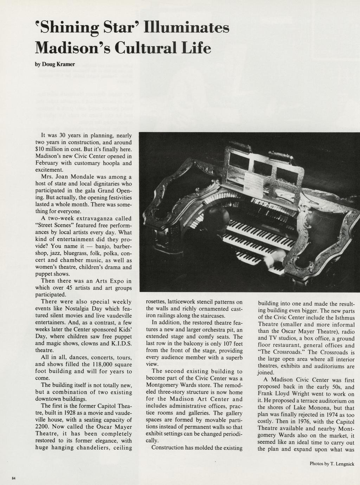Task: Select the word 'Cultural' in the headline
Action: [x=148, y=47]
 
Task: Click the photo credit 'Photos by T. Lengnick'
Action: [x=332, y=464]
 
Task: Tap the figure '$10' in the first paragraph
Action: [x=41, y=149]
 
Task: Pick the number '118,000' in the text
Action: [x=89, y=364]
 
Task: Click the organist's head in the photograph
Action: [x=216, y=215]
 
